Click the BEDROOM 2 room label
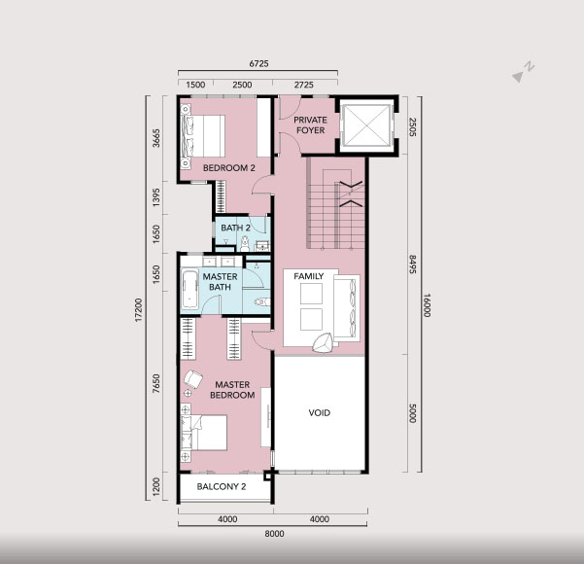[229, 168]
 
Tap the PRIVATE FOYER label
[310, 125]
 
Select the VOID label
[319, 412]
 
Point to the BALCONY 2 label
[222, 486]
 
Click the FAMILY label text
[309, 276]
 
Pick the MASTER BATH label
[220, 282]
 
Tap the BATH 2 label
[235, 228]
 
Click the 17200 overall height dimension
[139, 310]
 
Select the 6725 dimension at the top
[258, 64]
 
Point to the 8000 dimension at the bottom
[274, 534]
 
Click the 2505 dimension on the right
[413, 126]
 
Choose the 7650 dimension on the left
[156, 383]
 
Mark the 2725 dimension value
[304, 85]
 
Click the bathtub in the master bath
[189, 290]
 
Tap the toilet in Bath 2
[244, 244]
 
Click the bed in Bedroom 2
[203, 136]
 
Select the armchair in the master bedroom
[193, 379]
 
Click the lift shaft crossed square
[366, 125]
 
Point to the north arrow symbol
[523, 72]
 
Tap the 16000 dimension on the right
[428, 305]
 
